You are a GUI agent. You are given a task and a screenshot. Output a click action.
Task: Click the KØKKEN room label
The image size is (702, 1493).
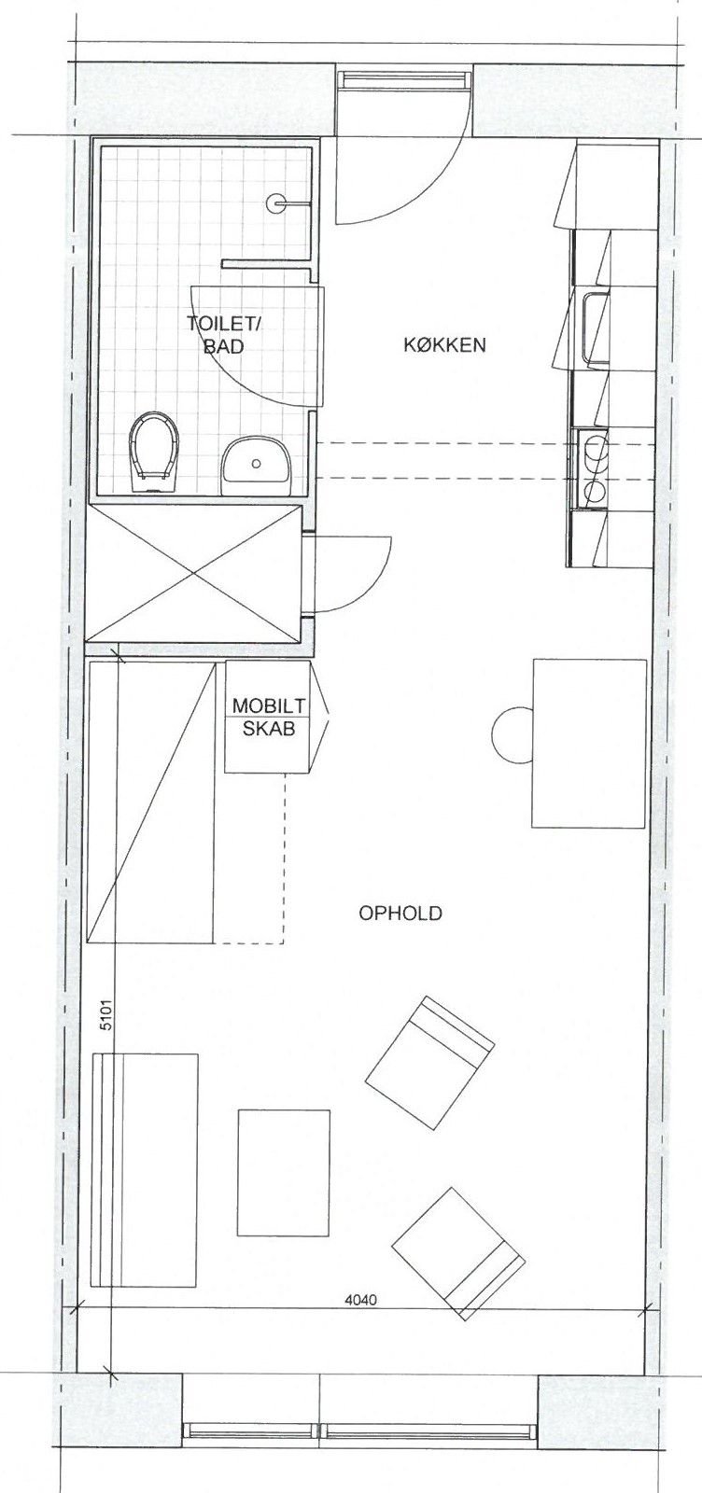pos(444,344)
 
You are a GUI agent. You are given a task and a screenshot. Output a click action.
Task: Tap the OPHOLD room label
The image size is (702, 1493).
pos(400,914)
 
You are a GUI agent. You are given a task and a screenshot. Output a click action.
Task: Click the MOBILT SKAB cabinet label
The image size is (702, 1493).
pos(269,717)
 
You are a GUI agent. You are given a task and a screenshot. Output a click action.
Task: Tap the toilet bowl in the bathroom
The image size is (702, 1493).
pos(155,452)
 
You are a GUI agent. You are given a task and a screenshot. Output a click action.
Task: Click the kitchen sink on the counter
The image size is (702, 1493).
pos(596,329)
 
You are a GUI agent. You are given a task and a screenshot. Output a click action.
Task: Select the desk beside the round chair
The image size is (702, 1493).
pos(589,743)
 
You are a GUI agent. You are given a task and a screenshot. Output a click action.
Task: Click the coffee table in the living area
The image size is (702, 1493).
pos(284,1163)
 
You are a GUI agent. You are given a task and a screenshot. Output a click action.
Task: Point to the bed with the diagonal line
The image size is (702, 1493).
pos(151,802)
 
